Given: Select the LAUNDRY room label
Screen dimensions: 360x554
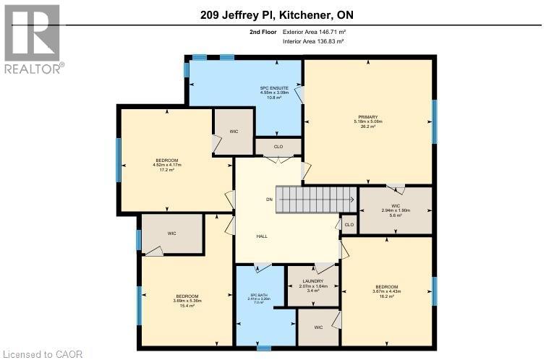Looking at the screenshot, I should pyautogui.click(x=314, y=280).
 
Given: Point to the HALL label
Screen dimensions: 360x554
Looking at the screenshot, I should pyautogui.click(x=262, y=236).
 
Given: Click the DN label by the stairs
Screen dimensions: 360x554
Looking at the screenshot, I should pyautogui.click(x=269, y=200).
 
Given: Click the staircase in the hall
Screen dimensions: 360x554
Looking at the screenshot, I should pyautogui.click(x=318, y=196).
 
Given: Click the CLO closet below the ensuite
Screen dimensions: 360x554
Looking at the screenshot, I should pyautogui.click(x=278, y=146).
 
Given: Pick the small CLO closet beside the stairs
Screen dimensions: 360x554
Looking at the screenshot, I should pyautogui.click(x=349, y=225).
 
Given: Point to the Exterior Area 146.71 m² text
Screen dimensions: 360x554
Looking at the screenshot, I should pyautogui.click(x=310, y=33).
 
